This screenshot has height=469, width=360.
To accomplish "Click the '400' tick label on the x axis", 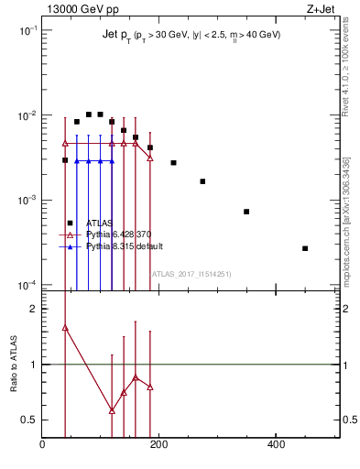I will coord(276,444).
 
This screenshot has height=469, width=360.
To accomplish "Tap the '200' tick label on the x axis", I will coord(158,444).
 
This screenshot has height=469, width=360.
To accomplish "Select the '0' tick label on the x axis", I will coord(42,444).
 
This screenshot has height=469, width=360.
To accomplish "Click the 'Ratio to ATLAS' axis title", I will coord(14,365).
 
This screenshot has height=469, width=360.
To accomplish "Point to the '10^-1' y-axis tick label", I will coord(27,30).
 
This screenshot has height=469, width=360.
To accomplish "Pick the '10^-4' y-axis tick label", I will coord(27,285).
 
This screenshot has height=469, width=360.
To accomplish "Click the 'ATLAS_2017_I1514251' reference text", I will coord(191,273).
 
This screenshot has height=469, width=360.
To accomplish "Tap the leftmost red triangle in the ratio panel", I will coord(65,327).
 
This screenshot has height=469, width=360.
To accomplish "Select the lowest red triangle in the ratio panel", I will coord(112,409).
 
